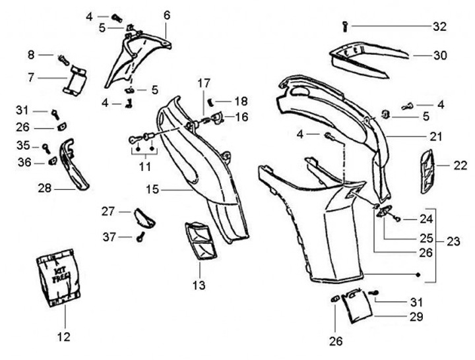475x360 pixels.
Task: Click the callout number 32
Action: (x=440, y=26)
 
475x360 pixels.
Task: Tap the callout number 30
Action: (x=440, y=55)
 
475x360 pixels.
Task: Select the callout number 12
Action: (x=63, y=338)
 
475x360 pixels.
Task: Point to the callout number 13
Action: (x=199, y=285)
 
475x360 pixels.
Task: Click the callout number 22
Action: (x=460, y=166)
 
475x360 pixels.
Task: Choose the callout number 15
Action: (x=152, y=190)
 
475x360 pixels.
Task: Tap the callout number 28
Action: (x=45, y=188)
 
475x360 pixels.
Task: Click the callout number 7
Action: (x=31, y=78)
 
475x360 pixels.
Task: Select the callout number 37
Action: (x=110, y=236)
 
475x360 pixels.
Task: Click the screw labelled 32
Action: (x=345, y=26)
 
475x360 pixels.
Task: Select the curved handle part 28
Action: (x=74, y=165)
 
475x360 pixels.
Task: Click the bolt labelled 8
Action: (x=64, y=59)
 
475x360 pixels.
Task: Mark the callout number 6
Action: (x=166, y=15)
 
